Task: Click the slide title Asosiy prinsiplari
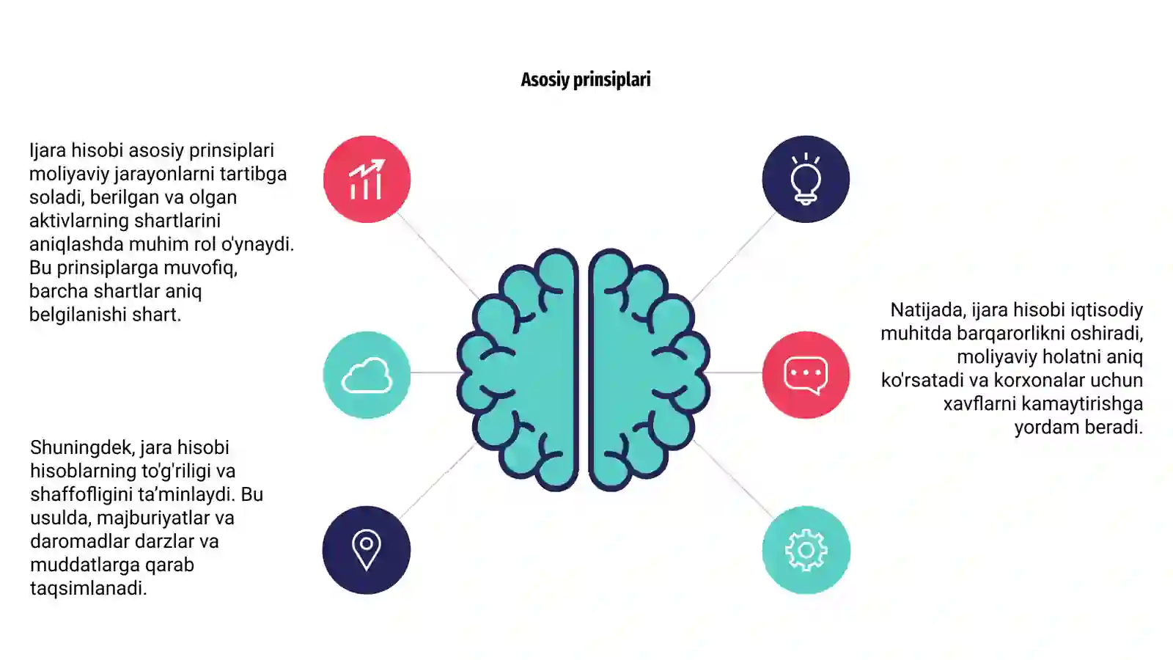[x=586, y=80]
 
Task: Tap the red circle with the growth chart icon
[x=367, y=179]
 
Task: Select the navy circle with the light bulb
[x=806, y=179]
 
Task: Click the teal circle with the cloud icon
[x=367, y=375]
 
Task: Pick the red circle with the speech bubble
[x=806, y=375]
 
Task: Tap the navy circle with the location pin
[x=367, y=550]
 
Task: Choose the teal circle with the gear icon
[x=806, y=550]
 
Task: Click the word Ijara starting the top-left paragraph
[x=48, y=151]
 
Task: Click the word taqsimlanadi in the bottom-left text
[x=88, y=589]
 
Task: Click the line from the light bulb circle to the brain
[x=733, y=257]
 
